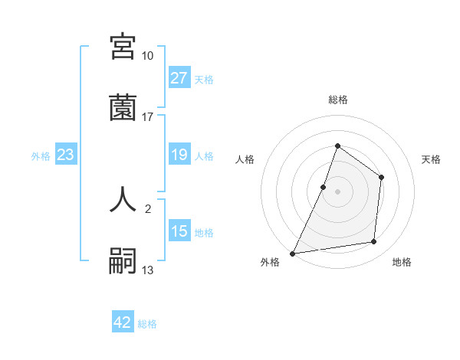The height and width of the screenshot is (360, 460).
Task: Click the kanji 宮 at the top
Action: (123, 47)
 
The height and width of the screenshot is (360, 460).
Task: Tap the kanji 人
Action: (123, 198)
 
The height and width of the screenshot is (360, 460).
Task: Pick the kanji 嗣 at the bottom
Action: (123, 260)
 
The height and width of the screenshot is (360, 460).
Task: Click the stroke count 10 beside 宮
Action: (147, 56)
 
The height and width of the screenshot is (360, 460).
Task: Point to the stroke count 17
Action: (147, 116)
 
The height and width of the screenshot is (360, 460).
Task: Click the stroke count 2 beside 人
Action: (147, 208)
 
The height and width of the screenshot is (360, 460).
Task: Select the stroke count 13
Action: (147, 270)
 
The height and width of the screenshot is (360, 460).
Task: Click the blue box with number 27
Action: (179, 78)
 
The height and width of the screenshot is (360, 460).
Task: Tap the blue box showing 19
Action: (179, 155)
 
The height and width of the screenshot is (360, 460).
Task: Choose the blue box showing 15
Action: (179, 231)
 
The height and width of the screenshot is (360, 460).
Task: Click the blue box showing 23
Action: (65, 155)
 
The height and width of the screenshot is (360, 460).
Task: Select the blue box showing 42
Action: (122, 322)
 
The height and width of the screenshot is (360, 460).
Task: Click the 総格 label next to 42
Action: (147, 324)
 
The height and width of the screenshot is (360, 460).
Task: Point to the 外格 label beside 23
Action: (41, 156)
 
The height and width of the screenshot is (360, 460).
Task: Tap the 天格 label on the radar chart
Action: (431, 159)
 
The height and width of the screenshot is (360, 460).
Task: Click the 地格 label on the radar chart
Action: (402, 262)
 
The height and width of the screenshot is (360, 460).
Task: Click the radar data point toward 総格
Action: (337, 146)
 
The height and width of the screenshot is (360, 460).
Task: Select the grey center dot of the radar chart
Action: (337, 191)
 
